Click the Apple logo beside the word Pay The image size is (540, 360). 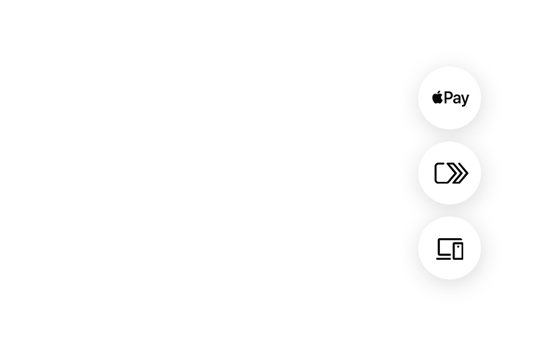437,98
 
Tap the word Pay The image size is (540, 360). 457,98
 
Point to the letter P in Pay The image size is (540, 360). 448,97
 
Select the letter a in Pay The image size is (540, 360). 457,99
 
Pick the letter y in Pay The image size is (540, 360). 465,100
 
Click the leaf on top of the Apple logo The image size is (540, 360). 439,92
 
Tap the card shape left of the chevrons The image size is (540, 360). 442,173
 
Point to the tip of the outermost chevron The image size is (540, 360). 467,173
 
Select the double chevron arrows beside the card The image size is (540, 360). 460,173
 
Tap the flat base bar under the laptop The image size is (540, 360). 443,259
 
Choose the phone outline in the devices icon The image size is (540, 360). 458,250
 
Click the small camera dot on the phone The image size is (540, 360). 458,245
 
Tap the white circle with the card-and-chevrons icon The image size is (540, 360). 450,189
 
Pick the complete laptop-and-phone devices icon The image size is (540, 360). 450,250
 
